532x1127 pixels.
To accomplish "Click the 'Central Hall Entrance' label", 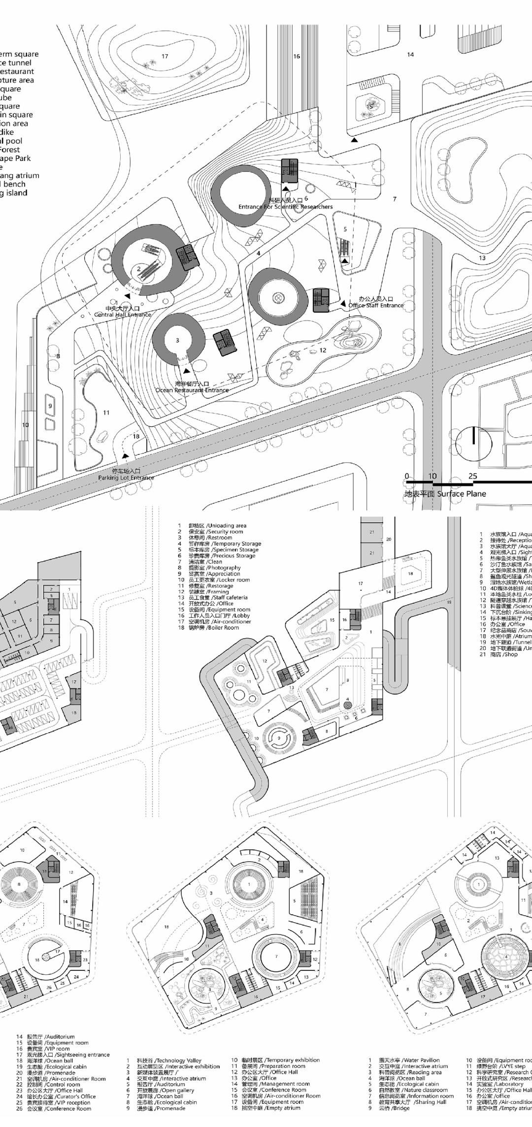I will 123,315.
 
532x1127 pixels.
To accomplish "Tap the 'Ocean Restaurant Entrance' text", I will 192,390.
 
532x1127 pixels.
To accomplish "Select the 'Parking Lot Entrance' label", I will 126,478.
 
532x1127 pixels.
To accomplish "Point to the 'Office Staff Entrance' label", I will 376,305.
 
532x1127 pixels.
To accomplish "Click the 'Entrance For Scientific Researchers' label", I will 286,207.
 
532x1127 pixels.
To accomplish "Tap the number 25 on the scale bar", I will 473,476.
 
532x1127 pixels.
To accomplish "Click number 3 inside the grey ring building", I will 177,340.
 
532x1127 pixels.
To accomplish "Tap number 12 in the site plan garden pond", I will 323,351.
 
